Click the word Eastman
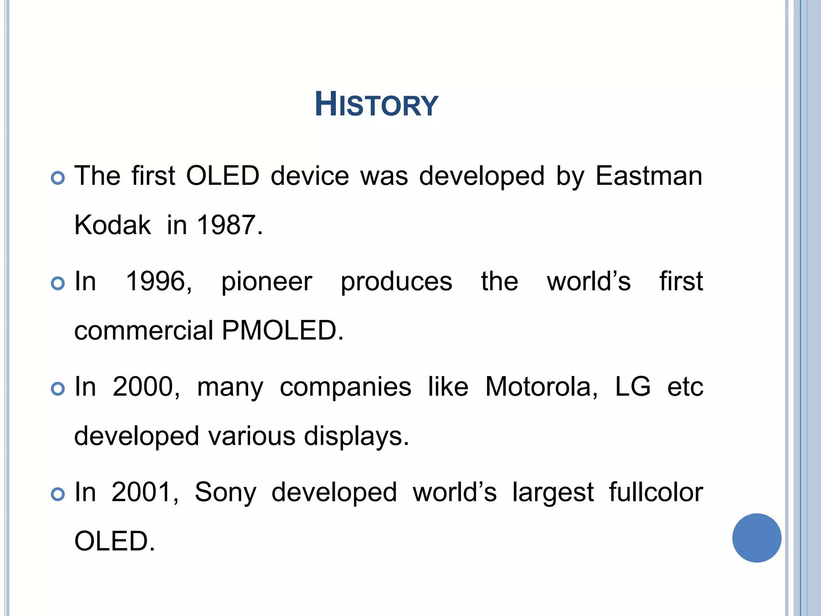649,176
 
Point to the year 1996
159,282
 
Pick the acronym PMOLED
282,331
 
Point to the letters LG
633,387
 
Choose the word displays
356,436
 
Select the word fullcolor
656,492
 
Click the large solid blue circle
756,538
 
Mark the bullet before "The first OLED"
58,178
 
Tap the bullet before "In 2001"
58,494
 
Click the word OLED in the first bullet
222,176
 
